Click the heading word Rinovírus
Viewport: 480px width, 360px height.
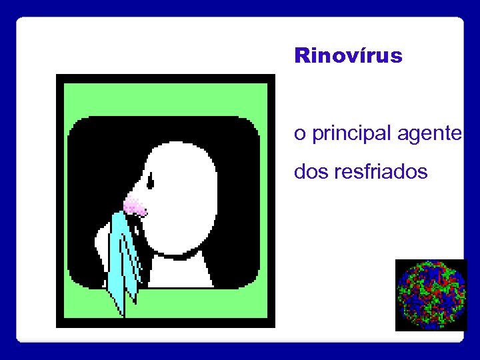tap(348, 55)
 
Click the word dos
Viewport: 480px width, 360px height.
tap(310, 172)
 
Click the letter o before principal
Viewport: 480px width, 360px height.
tap(300, 135)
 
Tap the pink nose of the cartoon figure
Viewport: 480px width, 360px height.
tap(135, 207)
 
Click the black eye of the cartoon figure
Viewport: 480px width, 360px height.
tap(151, 180)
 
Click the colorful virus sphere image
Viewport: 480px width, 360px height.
tap(431, 295)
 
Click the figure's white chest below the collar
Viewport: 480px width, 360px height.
tap(180, 273)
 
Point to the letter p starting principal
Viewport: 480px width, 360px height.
tap(316, 136)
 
